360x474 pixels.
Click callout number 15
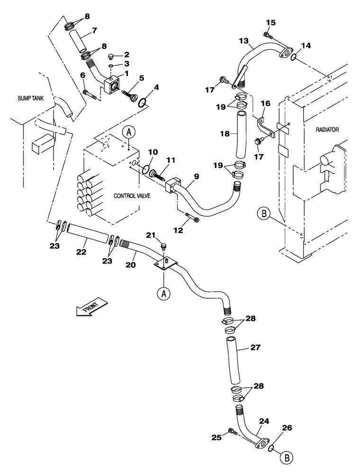pos(270,23)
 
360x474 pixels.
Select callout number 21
pos(150,236)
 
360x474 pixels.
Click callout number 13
pos(243,42)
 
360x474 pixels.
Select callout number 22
pos(81,252)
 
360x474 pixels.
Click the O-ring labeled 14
pos(294,57)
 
